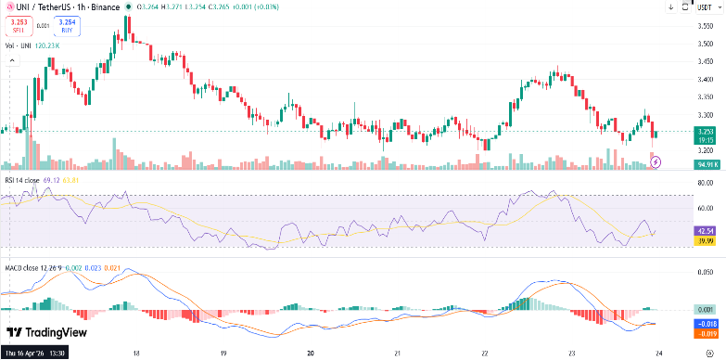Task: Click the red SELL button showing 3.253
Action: (19, 25)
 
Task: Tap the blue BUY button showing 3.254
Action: (67, 25)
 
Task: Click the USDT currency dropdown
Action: (706, 7)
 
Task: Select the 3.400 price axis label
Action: (705, 79)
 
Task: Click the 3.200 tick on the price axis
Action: (705, 149)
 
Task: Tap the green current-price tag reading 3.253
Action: (705, 132)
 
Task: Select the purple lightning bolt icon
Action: (657, 161)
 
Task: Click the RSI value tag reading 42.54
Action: (705, 230)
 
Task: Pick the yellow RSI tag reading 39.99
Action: (705, 239)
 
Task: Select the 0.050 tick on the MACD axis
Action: (705, 274)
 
